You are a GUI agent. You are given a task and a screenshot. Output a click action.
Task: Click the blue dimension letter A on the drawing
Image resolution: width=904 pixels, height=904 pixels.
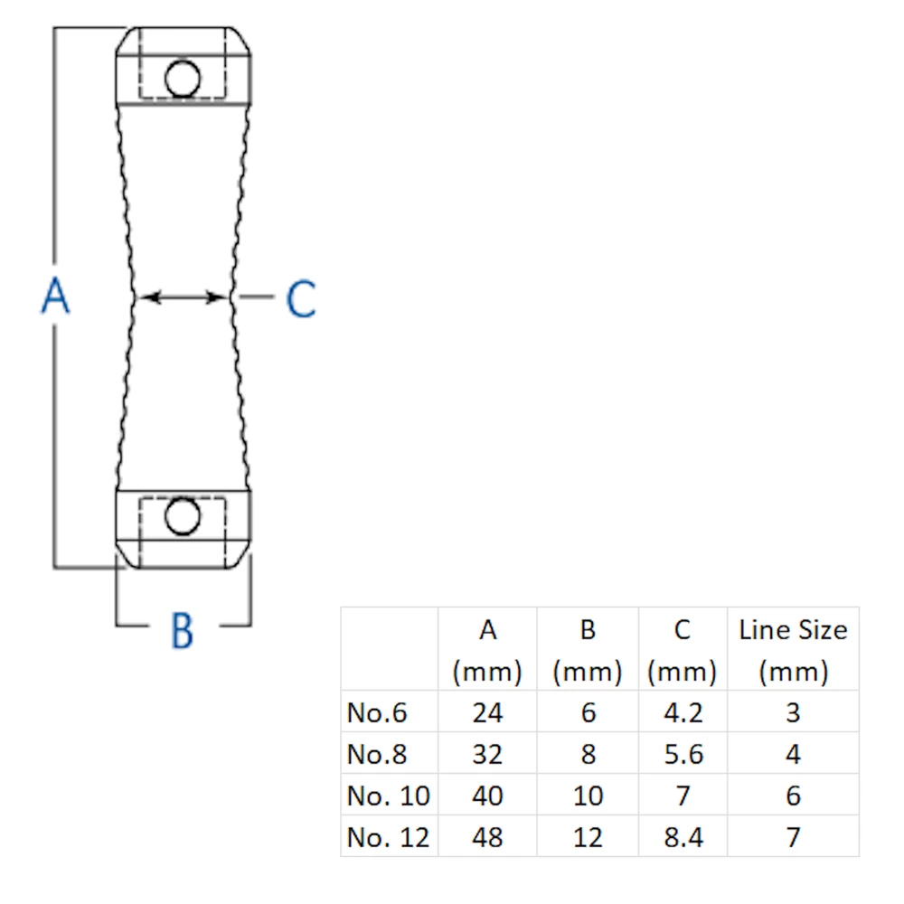coord(56,296)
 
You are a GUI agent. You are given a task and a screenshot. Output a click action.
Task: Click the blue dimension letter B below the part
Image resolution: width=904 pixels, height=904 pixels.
coord(183,630)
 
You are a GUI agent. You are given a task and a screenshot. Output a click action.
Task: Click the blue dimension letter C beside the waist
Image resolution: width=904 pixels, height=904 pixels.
coord(301,298)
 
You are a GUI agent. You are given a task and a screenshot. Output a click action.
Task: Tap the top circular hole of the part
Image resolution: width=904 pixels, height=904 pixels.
coord(183,79)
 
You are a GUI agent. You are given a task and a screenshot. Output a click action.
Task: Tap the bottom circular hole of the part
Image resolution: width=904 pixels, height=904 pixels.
coord(183,516)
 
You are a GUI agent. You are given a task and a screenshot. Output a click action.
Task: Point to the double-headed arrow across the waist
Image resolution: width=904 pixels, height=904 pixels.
coord(183,297)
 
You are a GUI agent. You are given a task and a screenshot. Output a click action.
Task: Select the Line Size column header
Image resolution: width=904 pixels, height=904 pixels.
coord(794,650)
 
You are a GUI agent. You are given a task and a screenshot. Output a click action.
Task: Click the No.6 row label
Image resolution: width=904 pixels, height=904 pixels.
coord(377,712)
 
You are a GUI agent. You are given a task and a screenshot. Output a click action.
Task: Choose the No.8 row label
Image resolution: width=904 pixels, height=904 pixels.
coord(377,754)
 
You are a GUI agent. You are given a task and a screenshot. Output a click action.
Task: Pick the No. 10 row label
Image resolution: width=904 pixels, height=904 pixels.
coord(388,796)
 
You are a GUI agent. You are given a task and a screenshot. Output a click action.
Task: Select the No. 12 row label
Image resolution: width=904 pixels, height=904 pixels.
coord(388,837)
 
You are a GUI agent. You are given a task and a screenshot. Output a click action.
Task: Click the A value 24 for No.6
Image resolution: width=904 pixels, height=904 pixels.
coord(488,712)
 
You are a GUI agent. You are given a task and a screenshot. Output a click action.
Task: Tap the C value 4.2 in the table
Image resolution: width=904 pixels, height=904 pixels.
coord(683,712)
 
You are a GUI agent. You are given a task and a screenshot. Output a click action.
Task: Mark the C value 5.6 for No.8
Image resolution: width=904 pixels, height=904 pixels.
coord(683,754)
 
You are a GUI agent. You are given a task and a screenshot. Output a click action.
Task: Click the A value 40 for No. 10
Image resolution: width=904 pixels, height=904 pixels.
coord(488,796)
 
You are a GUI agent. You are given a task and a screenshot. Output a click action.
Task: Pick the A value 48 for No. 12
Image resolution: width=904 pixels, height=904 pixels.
coord(488,837)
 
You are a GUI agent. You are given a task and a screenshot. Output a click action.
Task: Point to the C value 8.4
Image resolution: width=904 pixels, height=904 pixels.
coord(683,837)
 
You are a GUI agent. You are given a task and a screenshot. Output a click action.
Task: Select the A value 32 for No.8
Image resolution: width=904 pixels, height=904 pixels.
coord(488,754)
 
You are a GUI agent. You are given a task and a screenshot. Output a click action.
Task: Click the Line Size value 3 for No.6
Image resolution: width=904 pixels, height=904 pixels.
coord(794,712)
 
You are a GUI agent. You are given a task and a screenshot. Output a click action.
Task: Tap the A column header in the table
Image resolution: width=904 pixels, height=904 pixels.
coord(488,650)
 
